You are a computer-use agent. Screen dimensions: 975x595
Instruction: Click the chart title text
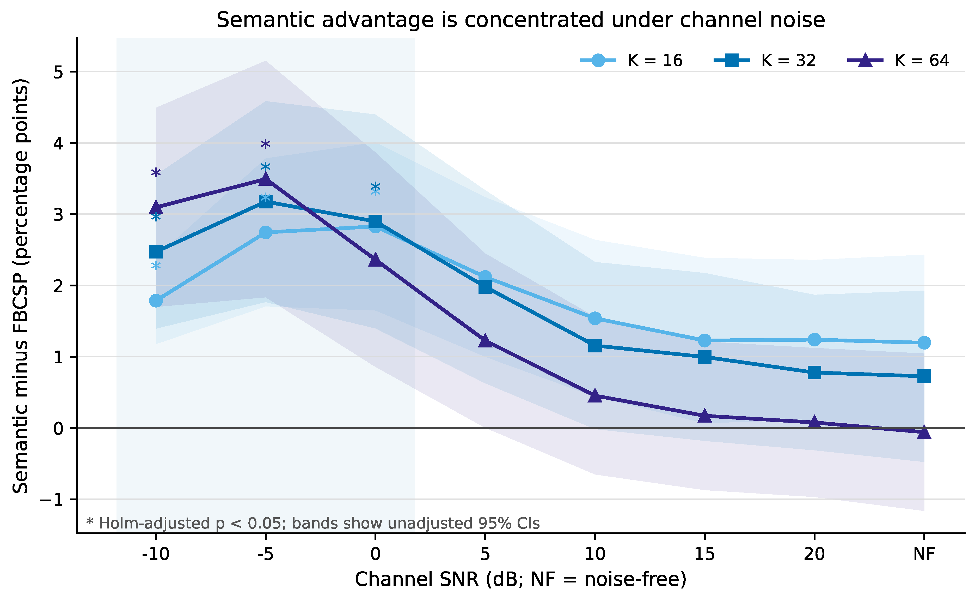click(x=520, y=20)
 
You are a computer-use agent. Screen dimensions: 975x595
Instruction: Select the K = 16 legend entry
click(x=632, y=61)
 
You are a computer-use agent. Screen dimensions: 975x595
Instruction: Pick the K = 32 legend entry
click(x=765, y=61)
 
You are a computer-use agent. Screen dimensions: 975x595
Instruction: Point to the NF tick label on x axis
click(x=924, y=554)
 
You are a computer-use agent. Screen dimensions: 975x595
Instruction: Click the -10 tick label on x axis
click(x=156, y=554)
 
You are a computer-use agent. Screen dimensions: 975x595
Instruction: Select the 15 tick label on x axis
click(x=704, y=554)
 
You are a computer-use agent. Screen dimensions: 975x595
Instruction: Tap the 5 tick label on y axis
click(x=59, y=72)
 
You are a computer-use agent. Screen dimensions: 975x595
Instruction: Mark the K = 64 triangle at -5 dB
click(x=266, y=179)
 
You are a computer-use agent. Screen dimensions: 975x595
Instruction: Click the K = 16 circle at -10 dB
click(x=156, y=301)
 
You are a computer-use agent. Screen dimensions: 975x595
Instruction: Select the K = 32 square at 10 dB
click(x=595, y=345)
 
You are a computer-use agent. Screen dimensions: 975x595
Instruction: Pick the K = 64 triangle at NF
click(x=924, y=432)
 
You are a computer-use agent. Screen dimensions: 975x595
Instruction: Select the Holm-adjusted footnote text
click(x=312, y=523)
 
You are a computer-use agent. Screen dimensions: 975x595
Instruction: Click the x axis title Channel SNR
click(x=520, y=579)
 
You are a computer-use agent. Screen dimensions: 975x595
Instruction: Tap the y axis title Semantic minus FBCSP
click(x=21, y=286)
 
